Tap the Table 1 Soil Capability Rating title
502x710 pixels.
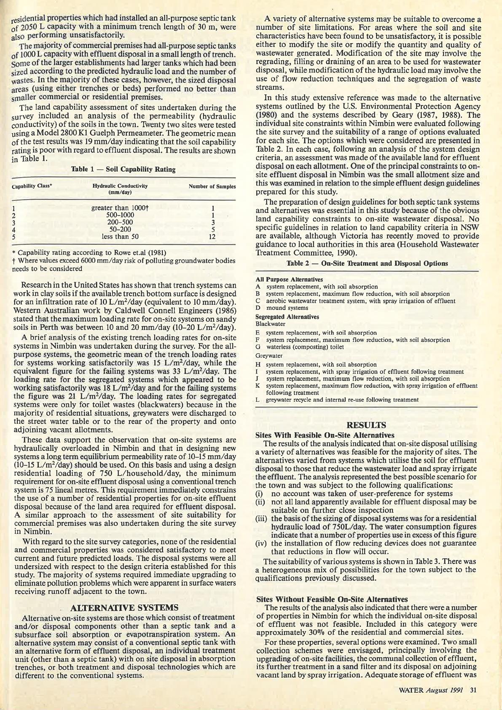pos(123,169)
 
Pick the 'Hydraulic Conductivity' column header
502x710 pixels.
pos(120,189)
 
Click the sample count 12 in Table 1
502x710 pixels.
pos(213,237)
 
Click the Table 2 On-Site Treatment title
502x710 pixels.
pos(367,264)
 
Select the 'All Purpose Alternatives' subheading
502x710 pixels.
pos(289,280)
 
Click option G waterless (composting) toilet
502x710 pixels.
pos(305,347)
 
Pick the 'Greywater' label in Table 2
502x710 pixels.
pos(269,356)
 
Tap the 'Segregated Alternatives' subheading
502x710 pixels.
pos(287,317)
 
